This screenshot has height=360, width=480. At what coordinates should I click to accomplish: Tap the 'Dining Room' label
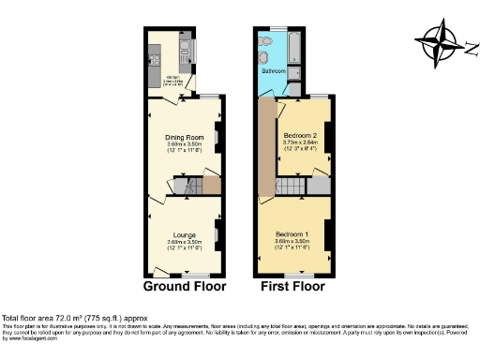184,137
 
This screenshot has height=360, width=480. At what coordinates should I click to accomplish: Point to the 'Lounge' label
184,233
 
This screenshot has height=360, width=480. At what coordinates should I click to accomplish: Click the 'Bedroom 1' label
292,233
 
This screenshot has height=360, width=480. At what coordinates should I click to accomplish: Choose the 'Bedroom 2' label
300,135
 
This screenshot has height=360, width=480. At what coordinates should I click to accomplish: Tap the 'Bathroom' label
274,71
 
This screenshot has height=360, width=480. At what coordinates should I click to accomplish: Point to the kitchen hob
153,57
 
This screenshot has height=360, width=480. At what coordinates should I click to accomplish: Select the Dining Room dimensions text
184,146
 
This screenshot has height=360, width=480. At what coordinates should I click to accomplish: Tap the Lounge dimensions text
184,244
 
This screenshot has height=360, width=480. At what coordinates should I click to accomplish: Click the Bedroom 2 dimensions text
300,145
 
